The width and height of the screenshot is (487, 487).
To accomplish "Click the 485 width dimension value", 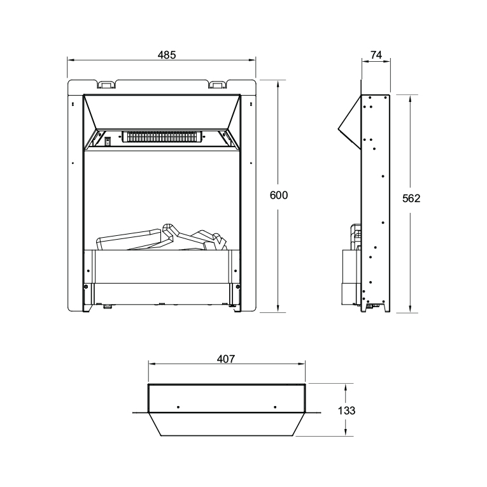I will click(x=167, y=55).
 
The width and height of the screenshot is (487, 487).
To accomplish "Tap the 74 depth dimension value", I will click(x=376, y=55).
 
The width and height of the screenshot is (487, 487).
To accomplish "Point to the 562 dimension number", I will click(x=411, y=198).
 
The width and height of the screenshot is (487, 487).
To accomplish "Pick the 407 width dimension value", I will click(x=226, y=359).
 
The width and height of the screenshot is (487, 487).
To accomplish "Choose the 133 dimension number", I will click(x=346, y=411).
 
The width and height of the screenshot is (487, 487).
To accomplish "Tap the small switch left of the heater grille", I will click(x=108, y=140).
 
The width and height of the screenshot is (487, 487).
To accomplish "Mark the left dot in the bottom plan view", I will click(x=178, y=407).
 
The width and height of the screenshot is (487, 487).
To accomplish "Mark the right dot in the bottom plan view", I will click(x=274, y=407).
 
